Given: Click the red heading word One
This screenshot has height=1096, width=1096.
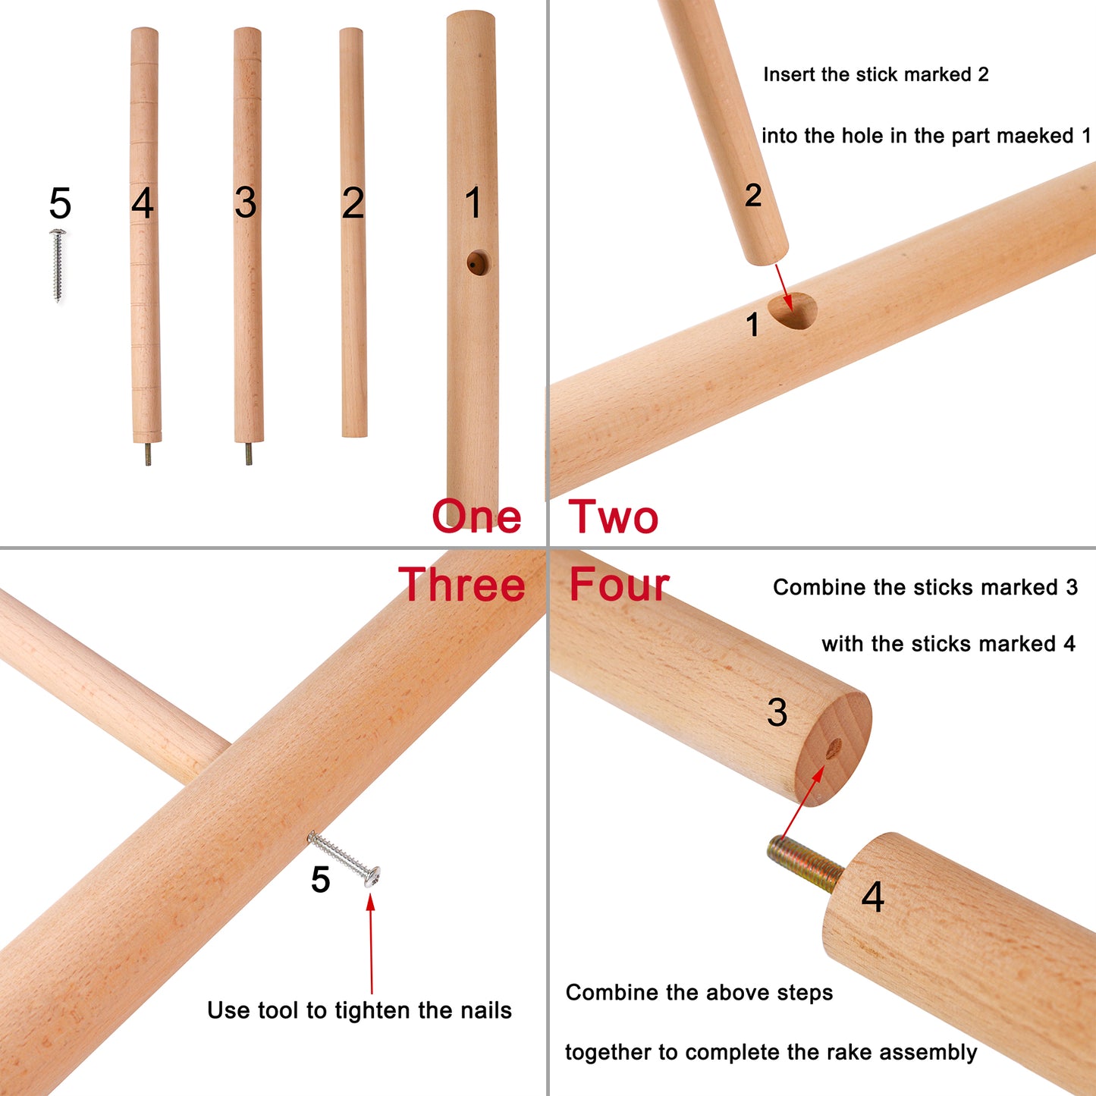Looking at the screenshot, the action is point(476,516).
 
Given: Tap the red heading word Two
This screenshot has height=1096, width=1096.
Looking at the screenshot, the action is point(613,517).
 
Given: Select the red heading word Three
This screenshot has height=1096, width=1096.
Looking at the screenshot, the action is point(461,584).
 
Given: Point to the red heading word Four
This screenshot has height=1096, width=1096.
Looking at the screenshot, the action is point(620,584).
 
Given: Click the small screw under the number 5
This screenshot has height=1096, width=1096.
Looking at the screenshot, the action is point(58,265).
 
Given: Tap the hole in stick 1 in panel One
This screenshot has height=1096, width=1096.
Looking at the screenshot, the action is point(478,262).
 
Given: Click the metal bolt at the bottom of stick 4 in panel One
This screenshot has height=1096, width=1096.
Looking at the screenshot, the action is point(147,454).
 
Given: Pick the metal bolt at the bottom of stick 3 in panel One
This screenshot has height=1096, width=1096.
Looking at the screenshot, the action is point(249,454).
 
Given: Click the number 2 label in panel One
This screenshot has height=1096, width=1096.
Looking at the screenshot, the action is point(353,203).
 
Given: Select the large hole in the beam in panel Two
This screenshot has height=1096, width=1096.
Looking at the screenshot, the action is point(793,311).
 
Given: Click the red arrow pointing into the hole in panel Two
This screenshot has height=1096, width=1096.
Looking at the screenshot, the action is point(784,287).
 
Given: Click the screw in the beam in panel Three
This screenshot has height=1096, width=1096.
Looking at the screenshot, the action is point(344,859).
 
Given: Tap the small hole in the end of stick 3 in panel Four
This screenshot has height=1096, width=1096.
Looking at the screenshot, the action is point(834,749).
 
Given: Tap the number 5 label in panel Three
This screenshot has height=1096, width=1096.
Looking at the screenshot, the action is point(321,880).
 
